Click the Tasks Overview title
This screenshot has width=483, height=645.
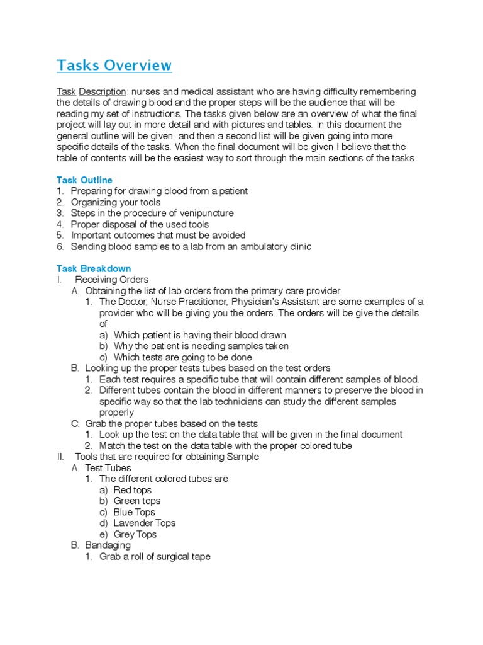coord(114,66)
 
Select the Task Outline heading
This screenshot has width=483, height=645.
coord(84,180)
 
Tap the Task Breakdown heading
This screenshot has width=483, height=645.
coord(94,269)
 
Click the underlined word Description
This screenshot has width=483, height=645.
coord(103,92)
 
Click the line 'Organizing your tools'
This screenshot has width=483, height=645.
coord(115,202)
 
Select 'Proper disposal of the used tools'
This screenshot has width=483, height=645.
coord(140,224)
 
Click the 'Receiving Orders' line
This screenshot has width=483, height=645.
coord(111,280)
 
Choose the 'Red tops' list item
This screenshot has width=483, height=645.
coord(132,490)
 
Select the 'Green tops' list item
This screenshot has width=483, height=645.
coord(136,501)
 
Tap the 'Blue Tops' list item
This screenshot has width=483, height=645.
coord(134,512)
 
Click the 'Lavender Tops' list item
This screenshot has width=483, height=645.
coord(144,523)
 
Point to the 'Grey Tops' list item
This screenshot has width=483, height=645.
coord(135,534)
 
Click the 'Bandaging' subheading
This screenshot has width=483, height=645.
coord(108,545)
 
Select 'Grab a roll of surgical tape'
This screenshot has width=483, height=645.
coord(155,556)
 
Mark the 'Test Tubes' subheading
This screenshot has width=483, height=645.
coord(108,468)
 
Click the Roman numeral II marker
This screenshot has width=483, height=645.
coord(60,457)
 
